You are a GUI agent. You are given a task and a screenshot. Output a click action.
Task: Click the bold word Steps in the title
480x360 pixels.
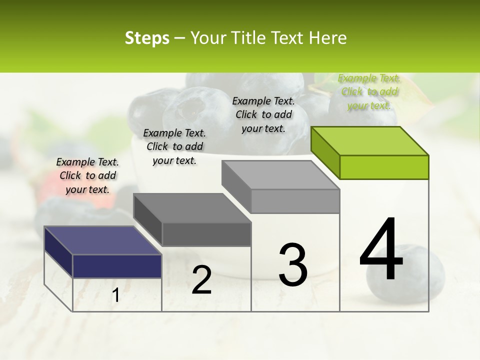click(146, 38)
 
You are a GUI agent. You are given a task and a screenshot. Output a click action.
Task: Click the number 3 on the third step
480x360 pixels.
click(293, 264)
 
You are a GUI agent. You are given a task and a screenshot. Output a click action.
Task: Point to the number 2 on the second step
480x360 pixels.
click(201, 280)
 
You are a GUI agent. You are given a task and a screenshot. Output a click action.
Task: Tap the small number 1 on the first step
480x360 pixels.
click(115, 295)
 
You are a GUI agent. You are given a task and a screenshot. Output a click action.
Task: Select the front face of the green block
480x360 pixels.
click(384, 167)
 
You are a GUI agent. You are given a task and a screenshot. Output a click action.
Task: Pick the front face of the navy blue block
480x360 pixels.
click(117, 266)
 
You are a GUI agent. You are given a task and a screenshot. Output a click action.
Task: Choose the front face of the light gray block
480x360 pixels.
click(295, 201)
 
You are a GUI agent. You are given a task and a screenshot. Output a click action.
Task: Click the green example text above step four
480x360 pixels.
click(369, 92)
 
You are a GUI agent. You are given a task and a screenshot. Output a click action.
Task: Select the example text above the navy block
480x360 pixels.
click(87, 175)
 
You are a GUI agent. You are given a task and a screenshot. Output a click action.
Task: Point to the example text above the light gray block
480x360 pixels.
click(263, 114)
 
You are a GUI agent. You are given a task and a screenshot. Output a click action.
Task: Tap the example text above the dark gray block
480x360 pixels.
click(174, 146)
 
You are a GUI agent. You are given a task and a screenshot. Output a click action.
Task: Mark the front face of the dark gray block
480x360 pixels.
click(206, 234)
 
